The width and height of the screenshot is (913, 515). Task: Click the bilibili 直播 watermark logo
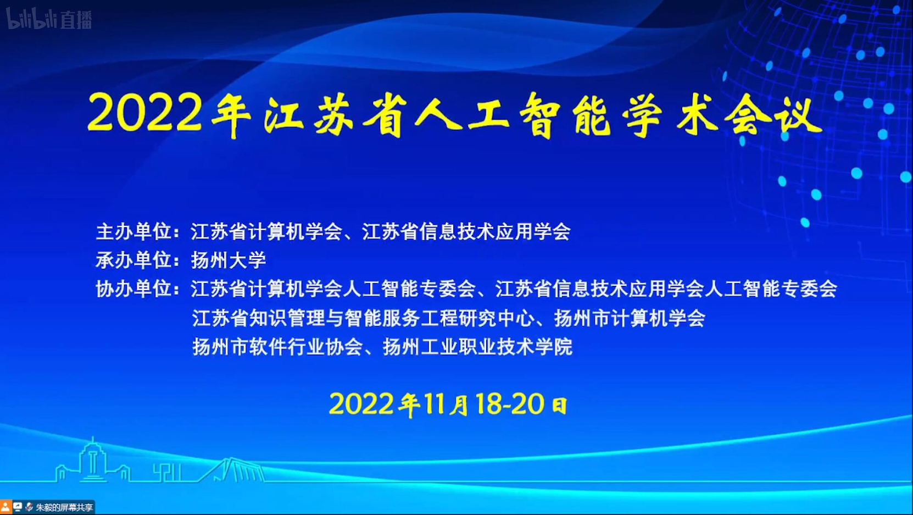pyautogui.click(x=49, y=18)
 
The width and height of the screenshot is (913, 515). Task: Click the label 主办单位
pyautogui.click(x=133, y=231)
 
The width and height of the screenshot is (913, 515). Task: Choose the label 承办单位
pyautogui.click(x=133, y=260)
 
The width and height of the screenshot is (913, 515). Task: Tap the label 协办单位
pyautogui.click(x=133, y=289)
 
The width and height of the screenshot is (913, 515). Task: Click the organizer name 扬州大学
pyautogui.click(x=229, y=260)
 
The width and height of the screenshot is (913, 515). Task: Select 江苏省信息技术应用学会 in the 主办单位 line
pyautogui.click(x=466, y=231)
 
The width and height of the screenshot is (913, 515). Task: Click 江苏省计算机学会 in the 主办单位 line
pyautogui.click(x=266, y=231)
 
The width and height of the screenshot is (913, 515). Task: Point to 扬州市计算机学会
pyautogui.click(x=630, y=318)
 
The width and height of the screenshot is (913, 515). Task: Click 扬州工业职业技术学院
pyautogui.click(x=477, y=347)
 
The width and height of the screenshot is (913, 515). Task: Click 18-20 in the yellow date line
pyautogui.click(x=510, y=404)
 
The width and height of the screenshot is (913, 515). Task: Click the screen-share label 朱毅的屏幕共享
pyautogui.click(x=64, y=508)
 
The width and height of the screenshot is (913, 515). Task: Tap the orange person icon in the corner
pyautogui.click(x=5, y=507)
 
